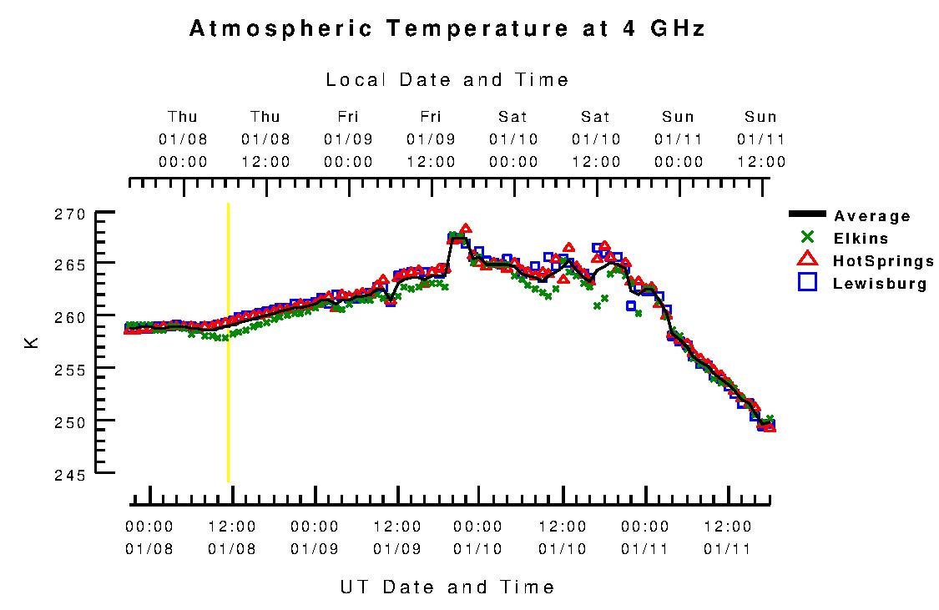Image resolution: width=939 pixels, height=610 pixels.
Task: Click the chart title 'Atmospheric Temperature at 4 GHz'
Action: (x=447, y=29)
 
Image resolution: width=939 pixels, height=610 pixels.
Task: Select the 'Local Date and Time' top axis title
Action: (x=447, y=80)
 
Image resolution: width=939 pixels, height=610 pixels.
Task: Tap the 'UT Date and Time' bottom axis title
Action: (x=447, y=587)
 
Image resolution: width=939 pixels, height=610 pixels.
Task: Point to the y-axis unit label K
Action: (x=33, y=341)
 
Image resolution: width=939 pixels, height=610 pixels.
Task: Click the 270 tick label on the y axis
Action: (x=72, y=214)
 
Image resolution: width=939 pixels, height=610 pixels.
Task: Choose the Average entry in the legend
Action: (x=872, y=217)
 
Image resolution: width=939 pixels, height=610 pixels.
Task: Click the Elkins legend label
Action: (x=861, y=239)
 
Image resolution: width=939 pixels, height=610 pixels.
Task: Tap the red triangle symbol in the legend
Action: (x=807, y=260)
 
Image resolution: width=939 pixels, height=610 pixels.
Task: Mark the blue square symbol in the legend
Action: (x=807, y=282)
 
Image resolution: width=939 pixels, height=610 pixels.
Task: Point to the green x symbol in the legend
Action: (x=807, y=238)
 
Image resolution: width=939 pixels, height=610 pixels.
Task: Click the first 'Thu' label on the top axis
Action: (x=183, y=117)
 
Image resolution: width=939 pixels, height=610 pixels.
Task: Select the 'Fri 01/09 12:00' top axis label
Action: (x=431, y=139)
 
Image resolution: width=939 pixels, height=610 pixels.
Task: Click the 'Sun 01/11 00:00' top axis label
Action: (x=679, y=139)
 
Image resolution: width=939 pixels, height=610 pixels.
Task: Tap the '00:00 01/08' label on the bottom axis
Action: (x=149, y=537)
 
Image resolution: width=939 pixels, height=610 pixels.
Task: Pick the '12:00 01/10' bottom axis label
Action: (x=563, y=537)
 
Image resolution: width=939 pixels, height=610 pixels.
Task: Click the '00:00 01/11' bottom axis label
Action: (x=645, y=537)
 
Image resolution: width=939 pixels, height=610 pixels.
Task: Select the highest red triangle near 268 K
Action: (x=466, y=229)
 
